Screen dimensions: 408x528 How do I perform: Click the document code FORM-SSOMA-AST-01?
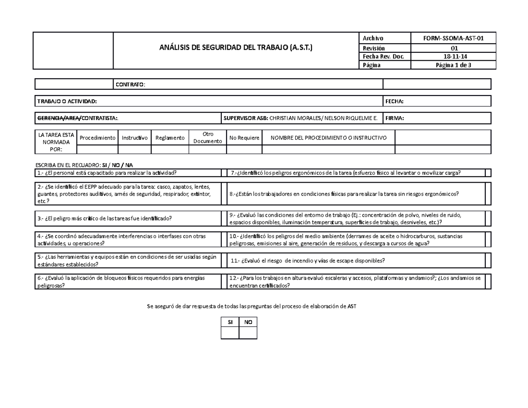[x=453, y=38]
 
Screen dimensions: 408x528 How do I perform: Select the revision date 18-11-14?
[x=453, y=56]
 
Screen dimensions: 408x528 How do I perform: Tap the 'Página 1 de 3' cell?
[x=453, y=65]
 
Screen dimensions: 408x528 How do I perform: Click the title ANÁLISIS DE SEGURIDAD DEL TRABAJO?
[x=236, y=48]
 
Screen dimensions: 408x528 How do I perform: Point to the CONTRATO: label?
[x=130, y=85]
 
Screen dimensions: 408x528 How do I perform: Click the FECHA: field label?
[x=394, y=102]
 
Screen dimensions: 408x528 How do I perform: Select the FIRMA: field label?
[x=394, y=118]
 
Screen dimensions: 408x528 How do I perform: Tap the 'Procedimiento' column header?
[x=97, y=138]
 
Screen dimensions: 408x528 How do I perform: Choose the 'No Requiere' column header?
[x=244, y=138]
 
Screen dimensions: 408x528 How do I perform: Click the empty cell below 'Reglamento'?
[x=170, y=150]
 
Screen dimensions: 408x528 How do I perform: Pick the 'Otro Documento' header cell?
[x=208, y=138]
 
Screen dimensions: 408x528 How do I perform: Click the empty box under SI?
[x=230, y=333]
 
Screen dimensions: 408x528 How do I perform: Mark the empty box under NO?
[x=248, y=333]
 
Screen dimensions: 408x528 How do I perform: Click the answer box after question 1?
[x=224, y=173]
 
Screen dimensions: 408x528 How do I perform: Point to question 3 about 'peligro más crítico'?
[x=105, y=218]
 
